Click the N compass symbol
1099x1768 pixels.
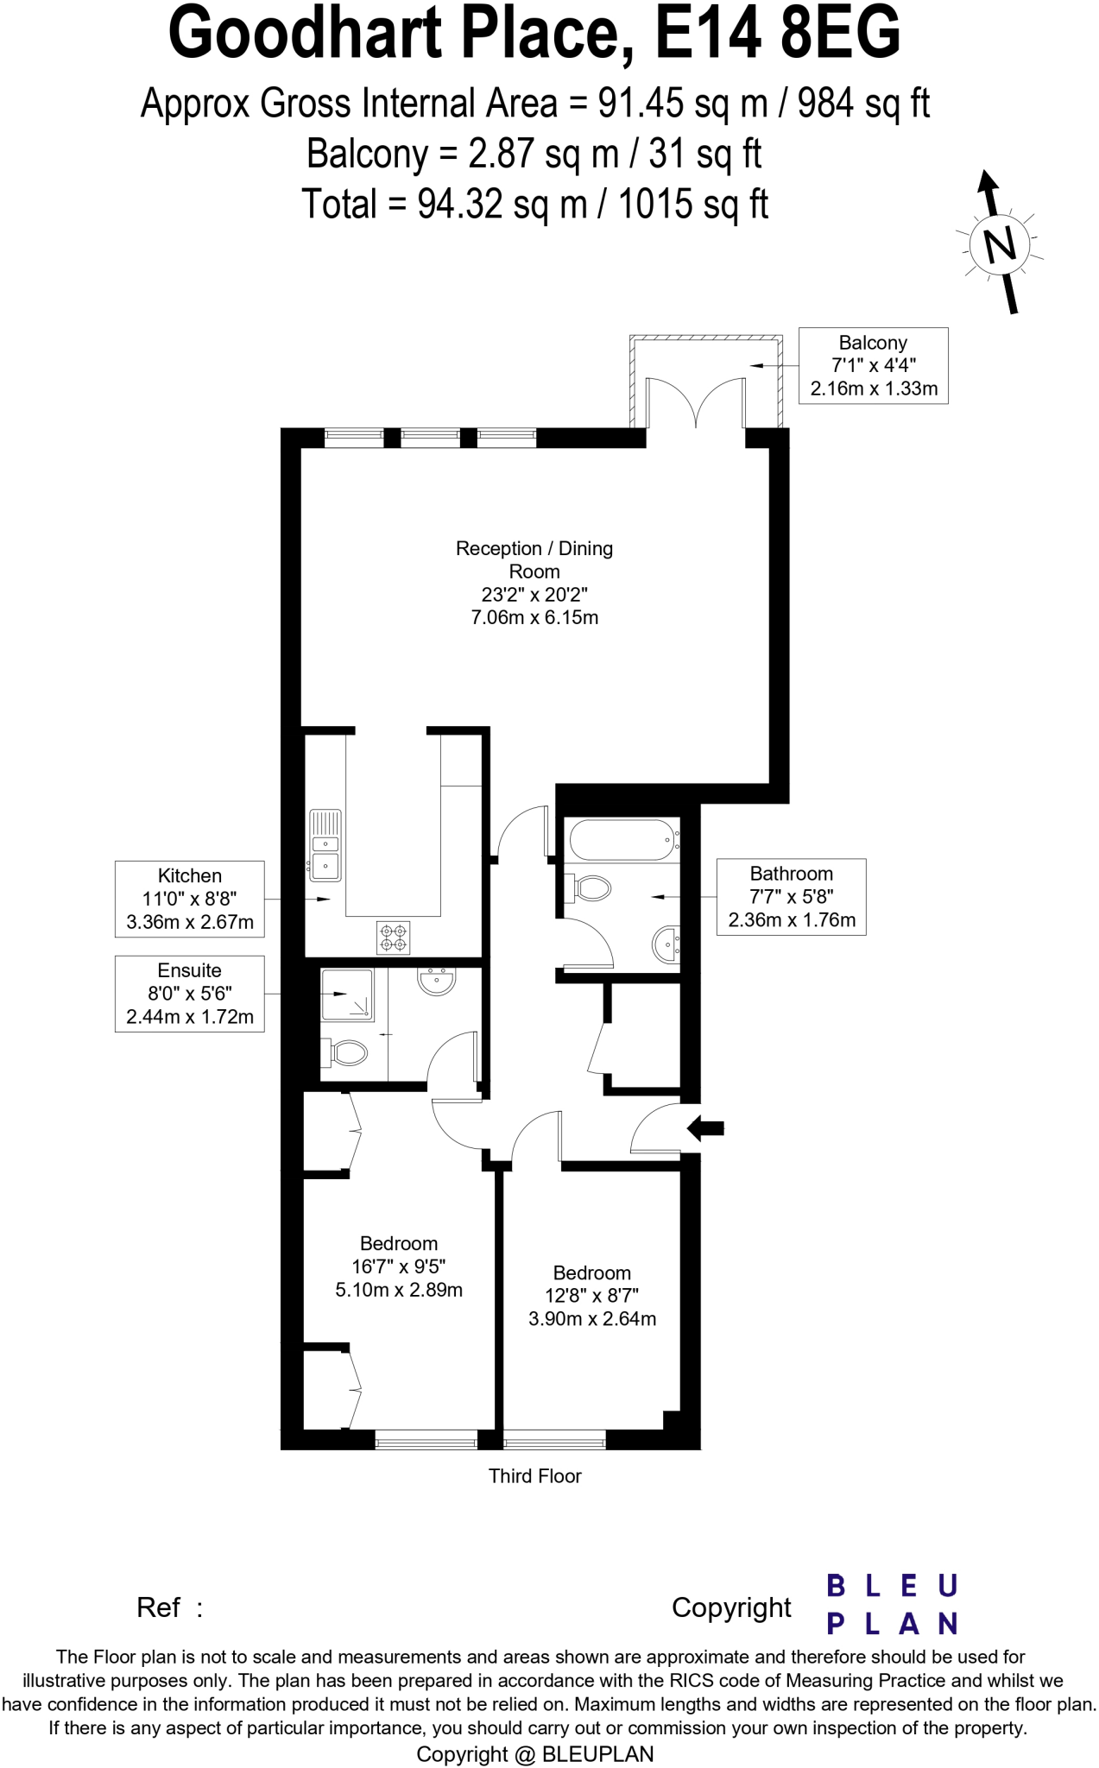(x=1000, y=245)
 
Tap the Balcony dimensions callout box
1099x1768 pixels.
(x=873, y=366)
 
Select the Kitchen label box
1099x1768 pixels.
(x=190, y=899)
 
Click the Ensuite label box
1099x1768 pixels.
(x=190, y=994)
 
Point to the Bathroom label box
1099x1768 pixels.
(x=791, y=897)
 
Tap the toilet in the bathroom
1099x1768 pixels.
(x=589, y=887)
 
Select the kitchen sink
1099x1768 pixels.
(x=325, y=845)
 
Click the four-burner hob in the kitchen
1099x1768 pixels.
(x=394, y=938)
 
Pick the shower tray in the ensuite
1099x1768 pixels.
(x=347, y=995)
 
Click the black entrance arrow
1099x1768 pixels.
(x=705, y=1127)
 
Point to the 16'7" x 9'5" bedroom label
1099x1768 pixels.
(x=399, y=1266)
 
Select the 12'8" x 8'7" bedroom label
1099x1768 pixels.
(x=592, y=1296)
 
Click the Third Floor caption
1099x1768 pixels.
(x=534, y=1476)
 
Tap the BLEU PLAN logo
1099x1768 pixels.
(x=892, y=1605)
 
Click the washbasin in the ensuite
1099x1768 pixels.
(x=437, y=981)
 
